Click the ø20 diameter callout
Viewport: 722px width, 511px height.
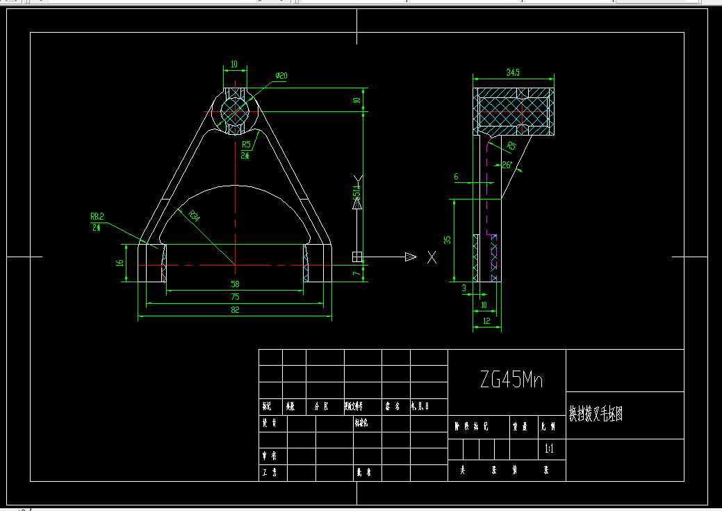pyautogui.click(x=281, y=75)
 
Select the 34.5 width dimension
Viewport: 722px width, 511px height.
pyautogui.click(x=514, y=72)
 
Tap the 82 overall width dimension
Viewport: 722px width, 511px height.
pyautogui.click(x=235, y=310)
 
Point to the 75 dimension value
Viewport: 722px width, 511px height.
pyautogui.click(x=235, y=297)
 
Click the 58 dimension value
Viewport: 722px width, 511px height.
pyautogui.click(x=235, y=284)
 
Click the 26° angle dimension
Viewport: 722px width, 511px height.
pyautogui.click(x=507, y=165)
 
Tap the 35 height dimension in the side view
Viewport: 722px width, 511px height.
pyautogui.click(x=448, y=240)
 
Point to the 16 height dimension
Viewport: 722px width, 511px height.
pyautogui.click(x=120, y=263)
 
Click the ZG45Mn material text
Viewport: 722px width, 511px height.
pyautogui.click(x=511, y=380)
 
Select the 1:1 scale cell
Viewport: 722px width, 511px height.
pyautogui.click(x=550, y=449)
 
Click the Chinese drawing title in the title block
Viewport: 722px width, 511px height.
pyautogui.click(x=596, y=414)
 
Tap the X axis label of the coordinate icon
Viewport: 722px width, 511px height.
pyautogui.click(x=432, y=257)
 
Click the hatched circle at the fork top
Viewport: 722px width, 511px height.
pyautogui.click(x=236, y=111)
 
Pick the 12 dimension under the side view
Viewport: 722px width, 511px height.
pyautogui.click(x=486, y=321)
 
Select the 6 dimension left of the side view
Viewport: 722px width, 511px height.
pyautogui.click(x=456, y=177)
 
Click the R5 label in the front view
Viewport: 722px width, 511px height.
pyautogui.click(x=246, y=145)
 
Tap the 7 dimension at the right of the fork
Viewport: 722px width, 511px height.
pyautogui.click(x=356, y=273)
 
